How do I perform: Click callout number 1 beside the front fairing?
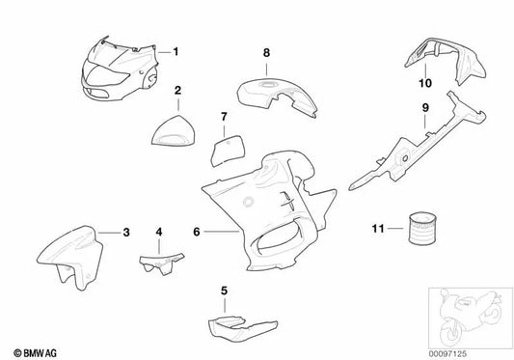tap(176, 49)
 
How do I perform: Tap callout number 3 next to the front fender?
tap(126, 232)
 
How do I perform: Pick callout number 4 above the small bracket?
tap(159, 233)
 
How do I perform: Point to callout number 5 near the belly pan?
tap(224, 291)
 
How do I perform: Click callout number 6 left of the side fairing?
tap(195, 232)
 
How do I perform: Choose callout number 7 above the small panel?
tap(223, 118)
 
